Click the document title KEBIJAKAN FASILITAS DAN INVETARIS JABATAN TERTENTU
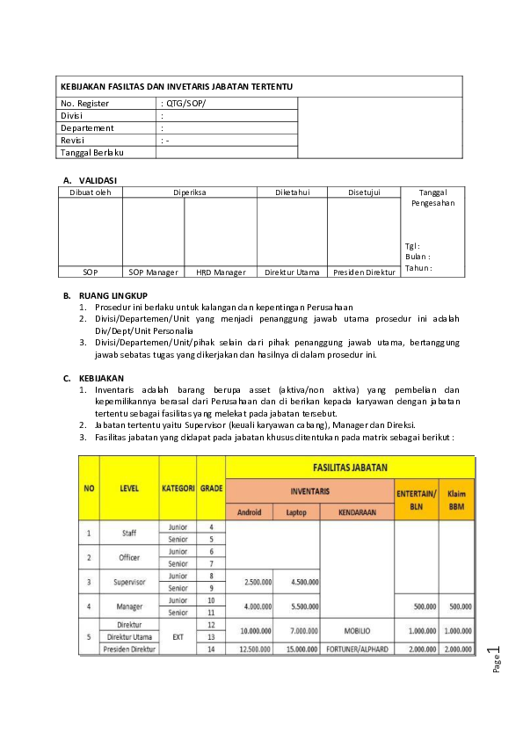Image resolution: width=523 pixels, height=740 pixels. click(x=176, y=86)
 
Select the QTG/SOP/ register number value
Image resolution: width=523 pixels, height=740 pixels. click(x=184, y=104)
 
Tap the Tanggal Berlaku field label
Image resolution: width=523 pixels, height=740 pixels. click(x=91, y=152)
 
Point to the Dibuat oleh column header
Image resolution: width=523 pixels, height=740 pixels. click(x=90, y=192)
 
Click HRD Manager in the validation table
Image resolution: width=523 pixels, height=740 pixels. click(x=221, y=272)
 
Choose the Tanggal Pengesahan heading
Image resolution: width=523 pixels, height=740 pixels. click(x=432, y=197)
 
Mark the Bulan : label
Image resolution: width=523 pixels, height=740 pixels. click(x=418, y=257)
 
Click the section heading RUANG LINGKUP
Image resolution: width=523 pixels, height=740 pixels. click(x=113, y=295)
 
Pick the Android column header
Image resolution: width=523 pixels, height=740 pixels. click(x=250, y=511)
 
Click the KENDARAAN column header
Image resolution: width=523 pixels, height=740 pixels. click(x=357, y=511)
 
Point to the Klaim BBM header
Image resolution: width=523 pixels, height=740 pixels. click(x=457, y=500)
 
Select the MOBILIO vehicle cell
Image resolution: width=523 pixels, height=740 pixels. click(x=357, y=630)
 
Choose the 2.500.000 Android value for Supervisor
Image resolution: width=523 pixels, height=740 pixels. click(x=250, y=581)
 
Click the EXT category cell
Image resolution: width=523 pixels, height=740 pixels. click(x=178, y=636)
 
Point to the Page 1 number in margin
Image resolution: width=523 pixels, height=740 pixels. click(x=497, y=661)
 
